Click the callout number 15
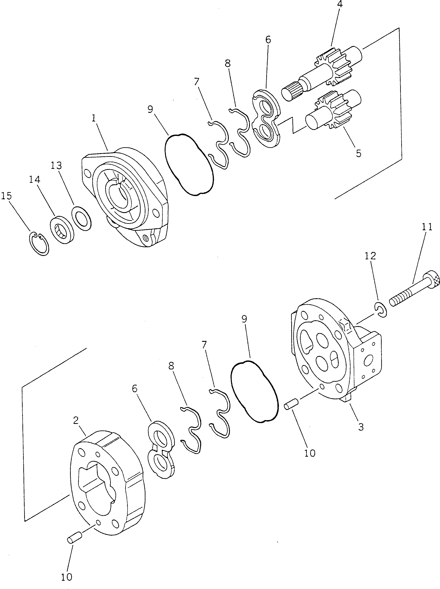coord(6,196)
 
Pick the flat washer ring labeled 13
coord(81,218)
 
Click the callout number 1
coord(93,118)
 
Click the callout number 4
coord(340,5)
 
